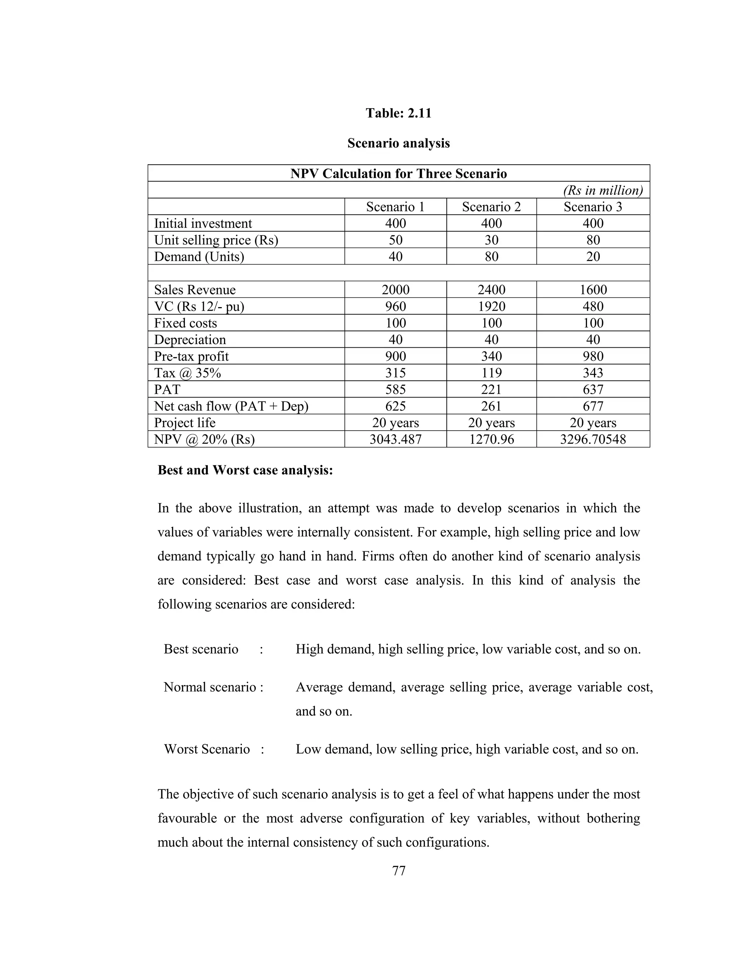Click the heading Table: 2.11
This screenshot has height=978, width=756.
[x=398, y=113]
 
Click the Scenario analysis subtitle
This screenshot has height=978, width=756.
[x=398, y=143]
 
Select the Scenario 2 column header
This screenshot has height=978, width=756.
[x=491, y=207]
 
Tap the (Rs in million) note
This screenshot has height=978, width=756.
[x=603, y=190]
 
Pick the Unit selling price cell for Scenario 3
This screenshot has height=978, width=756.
[x=592, y=240]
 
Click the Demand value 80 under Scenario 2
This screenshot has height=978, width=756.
[x=491, y=256]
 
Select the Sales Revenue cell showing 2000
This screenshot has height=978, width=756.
[x=395, y=290]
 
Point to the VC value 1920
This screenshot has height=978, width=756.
[x=491, y=306]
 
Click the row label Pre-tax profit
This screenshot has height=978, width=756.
[x=191, y=357]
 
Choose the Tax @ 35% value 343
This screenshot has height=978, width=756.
[x=592, y=373]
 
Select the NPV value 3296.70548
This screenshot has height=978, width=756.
[x=592, y=439]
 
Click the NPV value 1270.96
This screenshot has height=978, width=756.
[x=491, y=439]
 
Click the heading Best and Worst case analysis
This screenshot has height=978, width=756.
[x=245, y=470]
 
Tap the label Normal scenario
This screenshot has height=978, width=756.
[x=213, y=687]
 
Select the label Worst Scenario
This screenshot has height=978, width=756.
[x=207, y=749]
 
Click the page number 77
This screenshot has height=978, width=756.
[x=398, y=871]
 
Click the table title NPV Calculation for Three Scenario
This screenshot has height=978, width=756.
[x=398, y=173]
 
